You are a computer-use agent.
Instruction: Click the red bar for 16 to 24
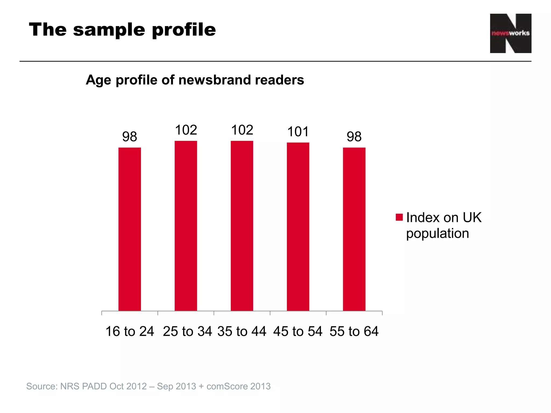coord(130,229)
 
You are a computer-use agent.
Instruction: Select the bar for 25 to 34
coord(186,226)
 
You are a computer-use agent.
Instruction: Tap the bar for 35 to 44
coord(242,226)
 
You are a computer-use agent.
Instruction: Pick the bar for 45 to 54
coord(298,227)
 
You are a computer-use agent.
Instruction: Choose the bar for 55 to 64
coord(354,229)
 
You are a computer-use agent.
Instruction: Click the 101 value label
coord(298,132)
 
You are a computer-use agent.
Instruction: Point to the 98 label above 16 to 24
coord(130,137)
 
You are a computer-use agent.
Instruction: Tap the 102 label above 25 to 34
coord(186,130)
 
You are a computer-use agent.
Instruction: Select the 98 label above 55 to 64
coord(354,137)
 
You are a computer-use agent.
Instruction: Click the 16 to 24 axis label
coord(130,331)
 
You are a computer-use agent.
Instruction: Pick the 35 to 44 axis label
coord(242,331)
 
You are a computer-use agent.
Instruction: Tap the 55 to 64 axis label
coord(354,331)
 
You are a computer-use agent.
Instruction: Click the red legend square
coord(399,217)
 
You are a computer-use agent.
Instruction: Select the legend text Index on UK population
coord(443,225)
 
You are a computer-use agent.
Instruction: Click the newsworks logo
coord(510,33)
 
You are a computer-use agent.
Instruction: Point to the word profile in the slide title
coord(184,30)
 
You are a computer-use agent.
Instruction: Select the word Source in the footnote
coord(41,386)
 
